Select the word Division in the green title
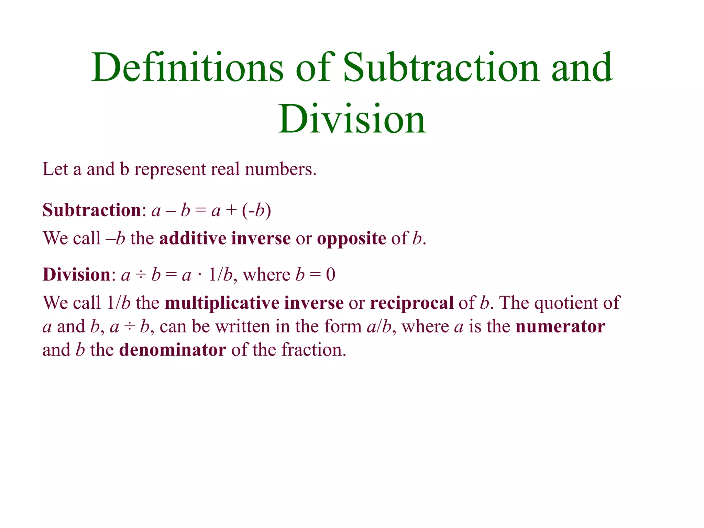point(352,119)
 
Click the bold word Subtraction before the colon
point(92,210)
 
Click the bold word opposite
point(351,239)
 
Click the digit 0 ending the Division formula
point(330,275)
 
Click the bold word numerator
point(560,327)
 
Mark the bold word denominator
point(173,350)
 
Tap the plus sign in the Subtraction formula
point(231,210)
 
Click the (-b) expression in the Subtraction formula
point(256,210)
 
